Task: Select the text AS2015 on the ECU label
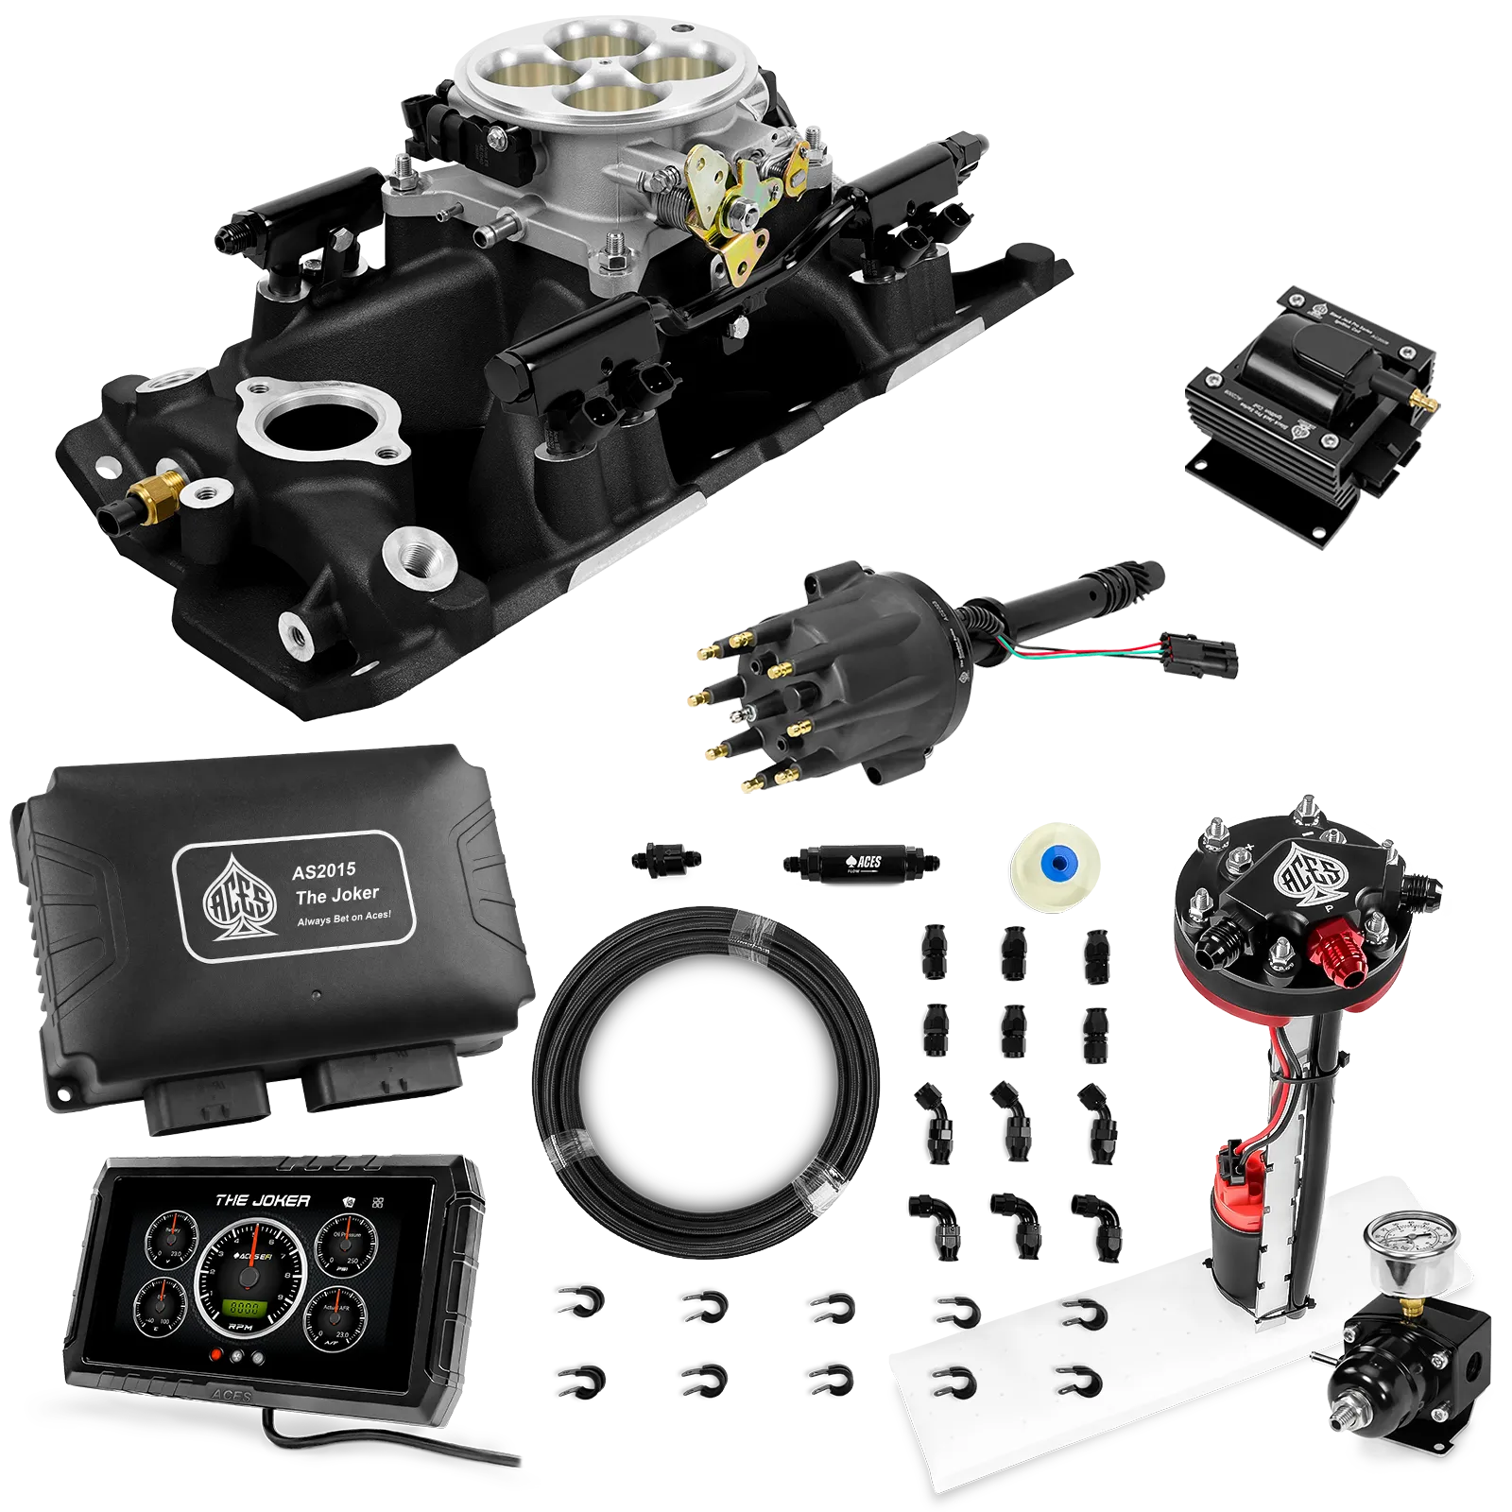(x=324, y=870)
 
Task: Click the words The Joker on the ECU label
(x=336, y=894)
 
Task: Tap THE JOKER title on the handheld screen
(x=262, y=1200)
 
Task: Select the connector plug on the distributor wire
(x=1198, y=655)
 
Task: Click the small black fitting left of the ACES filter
(x=665, y=859)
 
